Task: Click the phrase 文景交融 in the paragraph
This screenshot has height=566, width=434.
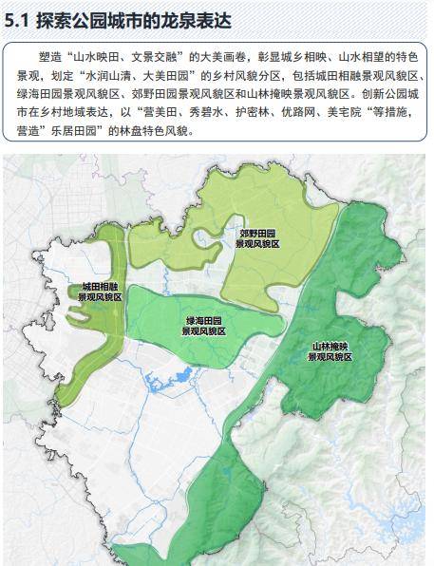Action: (164, 57)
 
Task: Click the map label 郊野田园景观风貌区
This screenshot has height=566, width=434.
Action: (257, 237)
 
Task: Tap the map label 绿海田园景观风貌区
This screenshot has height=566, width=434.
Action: (203, 326)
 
